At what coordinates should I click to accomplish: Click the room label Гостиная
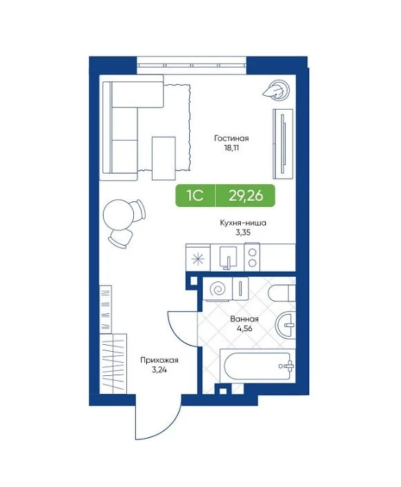click(x=231, y=138)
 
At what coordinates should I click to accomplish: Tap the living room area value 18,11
click(x=231, y=148)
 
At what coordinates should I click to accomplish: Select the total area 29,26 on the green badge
click(x=246, y=196)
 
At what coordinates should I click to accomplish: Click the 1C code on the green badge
click(x=195, y=196)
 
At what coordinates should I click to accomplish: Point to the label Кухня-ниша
click(x=243, y=223)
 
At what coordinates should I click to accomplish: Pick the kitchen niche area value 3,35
click(x=243, y=232)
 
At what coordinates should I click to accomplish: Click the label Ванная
click(x=244, y=319)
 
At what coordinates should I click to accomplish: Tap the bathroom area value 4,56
click(x=244, y=328)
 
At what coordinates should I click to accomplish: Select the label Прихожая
click(x=159, y=360)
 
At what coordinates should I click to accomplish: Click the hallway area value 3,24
click(x=159, y=370)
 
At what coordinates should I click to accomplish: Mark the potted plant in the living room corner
click(x=276, y=90)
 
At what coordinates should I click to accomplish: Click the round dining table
click(x=118, y=215)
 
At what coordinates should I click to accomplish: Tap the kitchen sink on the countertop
click(x=228, y=257)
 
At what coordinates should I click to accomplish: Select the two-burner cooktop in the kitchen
click(x=252, y=257)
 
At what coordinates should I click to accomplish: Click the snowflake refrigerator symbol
click(x=198, y=259)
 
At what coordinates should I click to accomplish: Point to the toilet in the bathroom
click(x=282, y=293)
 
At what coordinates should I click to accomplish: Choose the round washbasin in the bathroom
click(x=285, y=325)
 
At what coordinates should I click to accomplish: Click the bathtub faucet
click(x=288, y=366)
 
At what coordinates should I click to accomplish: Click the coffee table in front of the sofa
click(x=164, y=159)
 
